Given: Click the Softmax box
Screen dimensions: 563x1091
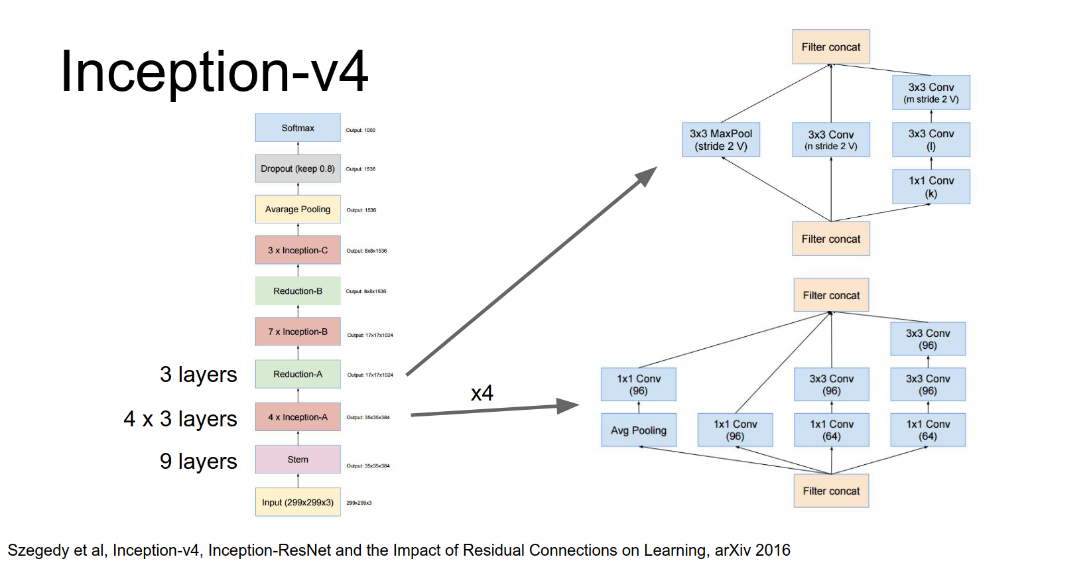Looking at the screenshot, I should click(x=298, y=128).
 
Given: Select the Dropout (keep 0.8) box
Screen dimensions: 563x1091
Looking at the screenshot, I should click(x=298, y=168).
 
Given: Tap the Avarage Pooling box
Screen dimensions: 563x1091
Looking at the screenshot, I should click(x=298, y=210).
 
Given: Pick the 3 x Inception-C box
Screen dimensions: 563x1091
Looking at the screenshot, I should click(x=298, y=250).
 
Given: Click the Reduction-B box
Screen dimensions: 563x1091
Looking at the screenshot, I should click(x=298, y=291).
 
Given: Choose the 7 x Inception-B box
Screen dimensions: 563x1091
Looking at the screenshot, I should click(x=298, y=332).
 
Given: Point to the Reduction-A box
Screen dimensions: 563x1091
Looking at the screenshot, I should click(x=298, y=374).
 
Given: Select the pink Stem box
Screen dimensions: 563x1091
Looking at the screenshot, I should click(x=298, y=460).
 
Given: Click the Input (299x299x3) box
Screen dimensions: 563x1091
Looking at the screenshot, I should click(x=298, y=502).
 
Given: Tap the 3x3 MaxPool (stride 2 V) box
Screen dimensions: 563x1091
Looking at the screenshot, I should click(x=721, y=140).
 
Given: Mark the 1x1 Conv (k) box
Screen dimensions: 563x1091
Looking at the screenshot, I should click(x=931, y=187).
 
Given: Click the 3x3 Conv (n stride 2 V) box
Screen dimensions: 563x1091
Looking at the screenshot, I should click(x=831, y=140).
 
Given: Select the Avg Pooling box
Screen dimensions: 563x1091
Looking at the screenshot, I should click(x=639, y=430).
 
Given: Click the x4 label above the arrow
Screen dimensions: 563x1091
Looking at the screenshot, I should click(x=482, y=393).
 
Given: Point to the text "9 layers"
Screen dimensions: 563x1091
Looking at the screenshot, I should click(x=198, y=461).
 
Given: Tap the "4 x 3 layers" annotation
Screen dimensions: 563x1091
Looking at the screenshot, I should click(x=180, y=419).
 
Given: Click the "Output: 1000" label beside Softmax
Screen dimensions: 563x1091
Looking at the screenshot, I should click(x=361, y=130).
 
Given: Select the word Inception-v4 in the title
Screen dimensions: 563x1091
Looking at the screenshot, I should click(x=214, y=72).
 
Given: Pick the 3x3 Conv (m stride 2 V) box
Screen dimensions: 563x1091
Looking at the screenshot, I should click(x=931, y=93).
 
